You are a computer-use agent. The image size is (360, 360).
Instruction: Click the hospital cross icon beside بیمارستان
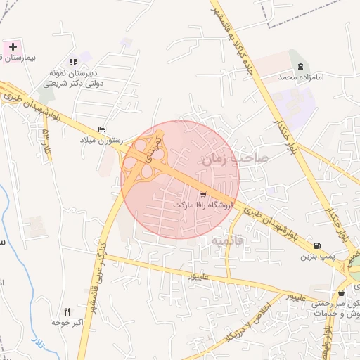(11, 46)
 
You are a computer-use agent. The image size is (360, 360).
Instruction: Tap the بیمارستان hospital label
(20, 58)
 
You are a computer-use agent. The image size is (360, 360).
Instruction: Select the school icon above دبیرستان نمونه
(74, 62)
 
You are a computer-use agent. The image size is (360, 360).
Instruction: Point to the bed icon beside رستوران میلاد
(102, 130)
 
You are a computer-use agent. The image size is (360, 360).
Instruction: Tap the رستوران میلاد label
(101, 141)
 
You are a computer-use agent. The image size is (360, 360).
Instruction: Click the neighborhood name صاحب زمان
(236, 159)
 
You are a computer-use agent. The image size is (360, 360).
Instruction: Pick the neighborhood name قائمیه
(226, 240)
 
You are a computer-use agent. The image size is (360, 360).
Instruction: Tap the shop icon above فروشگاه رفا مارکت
(204, 193)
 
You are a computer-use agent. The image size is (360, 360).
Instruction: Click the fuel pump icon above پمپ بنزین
(317, 245)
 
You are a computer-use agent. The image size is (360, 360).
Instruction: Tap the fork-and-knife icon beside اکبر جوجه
(67, 311)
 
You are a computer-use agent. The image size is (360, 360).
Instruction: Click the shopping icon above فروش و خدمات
(341, 293)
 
